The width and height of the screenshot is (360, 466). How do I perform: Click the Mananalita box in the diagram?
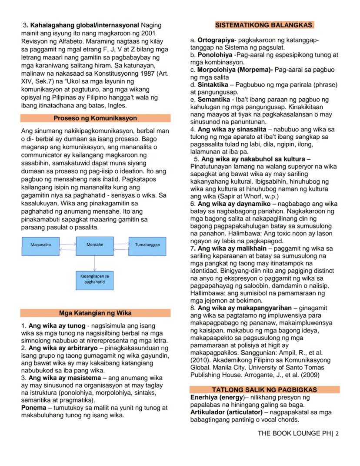tap(40, 245)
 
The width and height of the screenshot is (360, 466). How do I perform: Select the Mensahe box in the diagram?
tap(95, 245)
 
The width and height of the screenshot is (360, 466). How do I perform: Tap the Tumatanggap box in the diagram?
tap(147, 245)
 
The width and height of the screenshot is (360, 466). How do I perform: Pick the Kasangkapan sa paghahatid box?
tap(95, 279)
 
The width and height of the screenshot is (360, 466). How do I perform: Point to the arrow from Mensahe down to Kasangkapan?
tap(95, 262)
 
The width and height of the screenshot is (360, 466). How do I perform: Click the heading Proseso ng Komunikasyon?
tap(95, 118)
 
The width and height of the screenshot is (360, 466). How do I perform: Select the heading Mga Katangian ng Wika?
tap(95, 313)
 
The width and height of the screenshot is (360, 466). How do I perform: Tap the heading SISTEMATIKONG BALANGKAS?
tap(264, 25)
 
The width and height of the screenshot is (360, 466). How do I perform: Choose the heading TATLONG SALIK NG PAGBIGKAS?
tap(264, 389)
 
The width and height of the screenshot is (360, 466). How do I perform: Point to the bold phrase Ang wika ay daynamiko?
tap(234, 204)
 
